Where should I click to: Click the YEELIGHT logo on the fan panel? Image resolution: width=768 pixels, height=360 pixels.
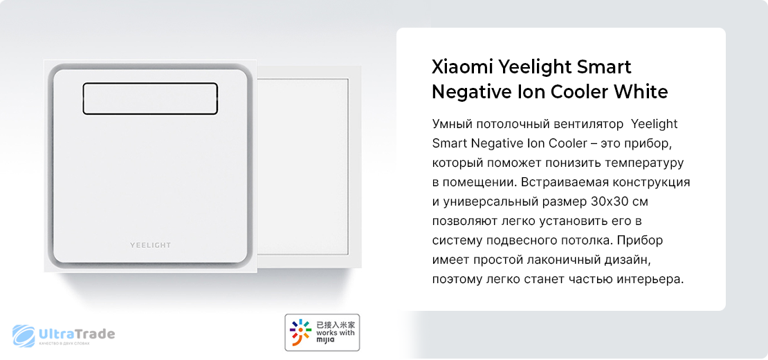[150, 245]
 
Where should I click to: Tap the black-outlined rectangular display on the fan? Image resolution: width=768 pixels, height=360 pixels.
[150, 98]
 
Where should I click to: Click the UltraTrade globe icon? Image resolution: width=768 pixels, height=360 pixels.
[24, 336]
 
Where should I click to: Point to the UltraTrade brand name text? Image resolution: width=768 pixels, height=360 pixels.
[76, 334]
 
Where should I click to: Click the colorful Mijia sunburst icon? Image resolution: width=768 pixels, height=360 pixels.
[300, 332]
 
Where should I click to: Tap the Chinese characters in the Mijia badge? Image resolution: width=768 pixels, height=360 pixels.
[336, 324]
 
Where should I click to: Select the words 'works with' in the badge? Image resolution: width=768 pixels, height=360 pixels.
[336, 333]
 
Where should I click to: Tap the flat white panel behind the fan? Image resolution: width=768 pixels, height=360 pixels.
[304, 167]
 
